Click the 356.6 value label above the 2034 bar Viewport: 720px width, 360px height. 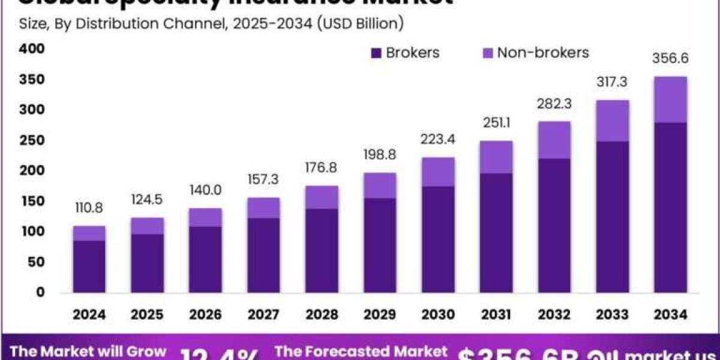coord(671,59)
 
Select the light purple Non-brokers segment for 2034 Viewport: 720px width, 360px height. coord(671,100)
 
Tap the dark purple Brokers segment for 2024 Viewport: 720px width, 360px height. coord(89,266)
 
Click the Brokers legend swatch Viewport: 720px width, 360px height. coord(376,53)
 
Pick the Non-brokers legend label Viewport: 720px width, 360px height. coord(543,53)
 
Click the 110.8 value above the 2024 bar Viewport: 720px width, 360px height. coord(89,209)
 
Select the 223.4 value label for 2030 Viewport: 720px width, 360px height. coord(438,140)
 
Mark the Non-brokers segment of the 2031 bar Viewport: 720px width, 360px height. coord(496,157)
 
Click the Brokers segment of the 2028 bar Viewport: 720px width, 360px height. coord(322,250)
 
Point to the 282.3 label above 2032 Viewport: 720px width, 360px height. coord(554,104)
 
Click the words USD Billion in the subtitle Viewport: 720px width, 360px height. coord(360,24)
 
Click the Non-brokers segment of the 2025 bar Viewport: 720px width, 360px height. coord(148,226)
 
